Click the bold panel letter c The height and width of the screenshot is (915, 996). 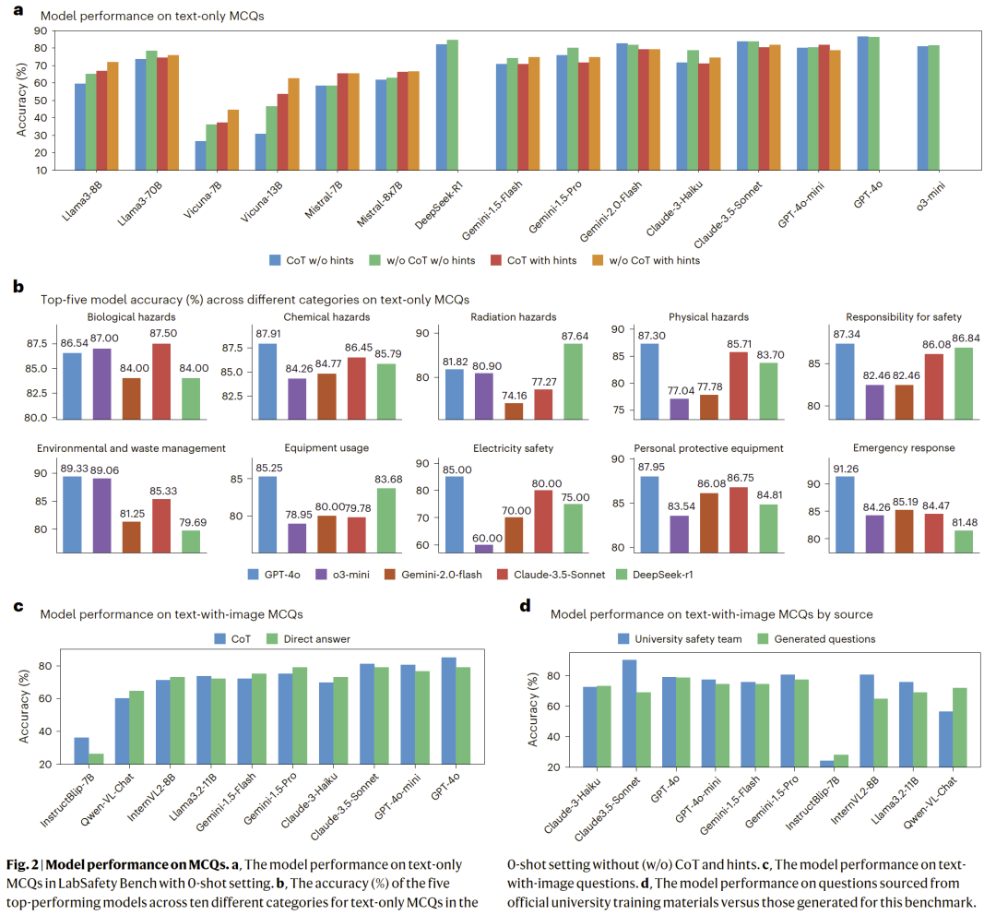pos(18,606)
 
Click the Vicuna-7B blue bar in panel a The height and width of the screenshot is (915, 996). pos(200,155)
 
